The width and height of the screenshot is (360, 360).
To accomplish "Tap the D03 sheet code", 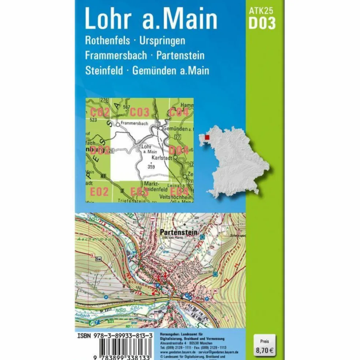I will tap(262, 23).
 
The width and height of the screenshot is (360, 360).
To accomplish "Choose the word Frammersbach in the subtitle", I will tap(117, 56).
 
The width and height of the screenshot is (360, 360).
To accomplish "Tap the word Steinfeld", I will tap(104, 70).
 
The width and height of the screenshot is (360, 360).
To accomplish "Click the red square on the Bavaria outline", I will tap(207, 138).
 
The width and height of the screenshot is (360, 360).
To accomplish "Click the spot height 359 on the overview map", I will tap(151, 167).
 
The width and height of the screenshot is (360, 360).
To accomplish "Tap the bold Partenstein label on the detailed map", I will tap(179, 232).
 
